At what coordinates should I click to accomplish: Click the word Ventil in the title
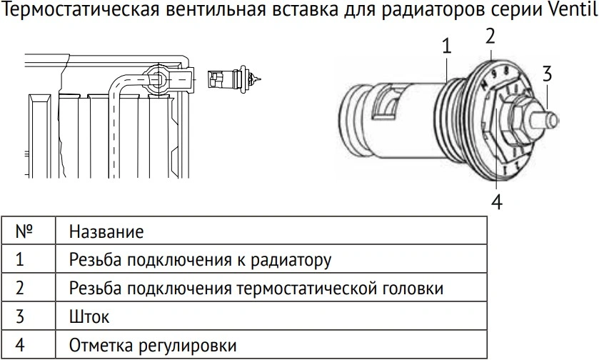click(x=570, y=9)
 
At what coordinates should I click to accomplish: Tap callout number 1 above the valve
click(x=446, y=46)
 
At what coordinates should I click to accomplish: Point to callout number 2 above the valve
click(x=490, y=36)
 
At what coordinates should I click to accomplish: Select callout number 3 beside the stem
click(x=547, y=74)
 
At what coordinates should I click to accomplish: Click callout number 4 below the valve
click(x=496, y=201)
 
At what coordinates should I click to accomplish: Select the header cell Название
click(x=106, y=231)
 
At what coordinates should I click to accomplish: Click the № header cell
click(x=24, y=231)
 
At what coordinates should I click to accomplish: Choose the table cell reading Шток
click(x=89, y=317)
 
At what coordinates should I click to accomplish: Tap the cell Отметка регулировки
click(x=152, y=346)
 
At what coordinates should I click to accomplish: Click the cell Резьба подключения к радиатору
click(x=200, y=260)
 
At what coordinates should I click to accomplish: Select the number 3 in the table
click(x=20, y=316)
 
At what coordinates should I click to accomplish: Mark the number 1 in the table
click(x=20, y=259)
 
